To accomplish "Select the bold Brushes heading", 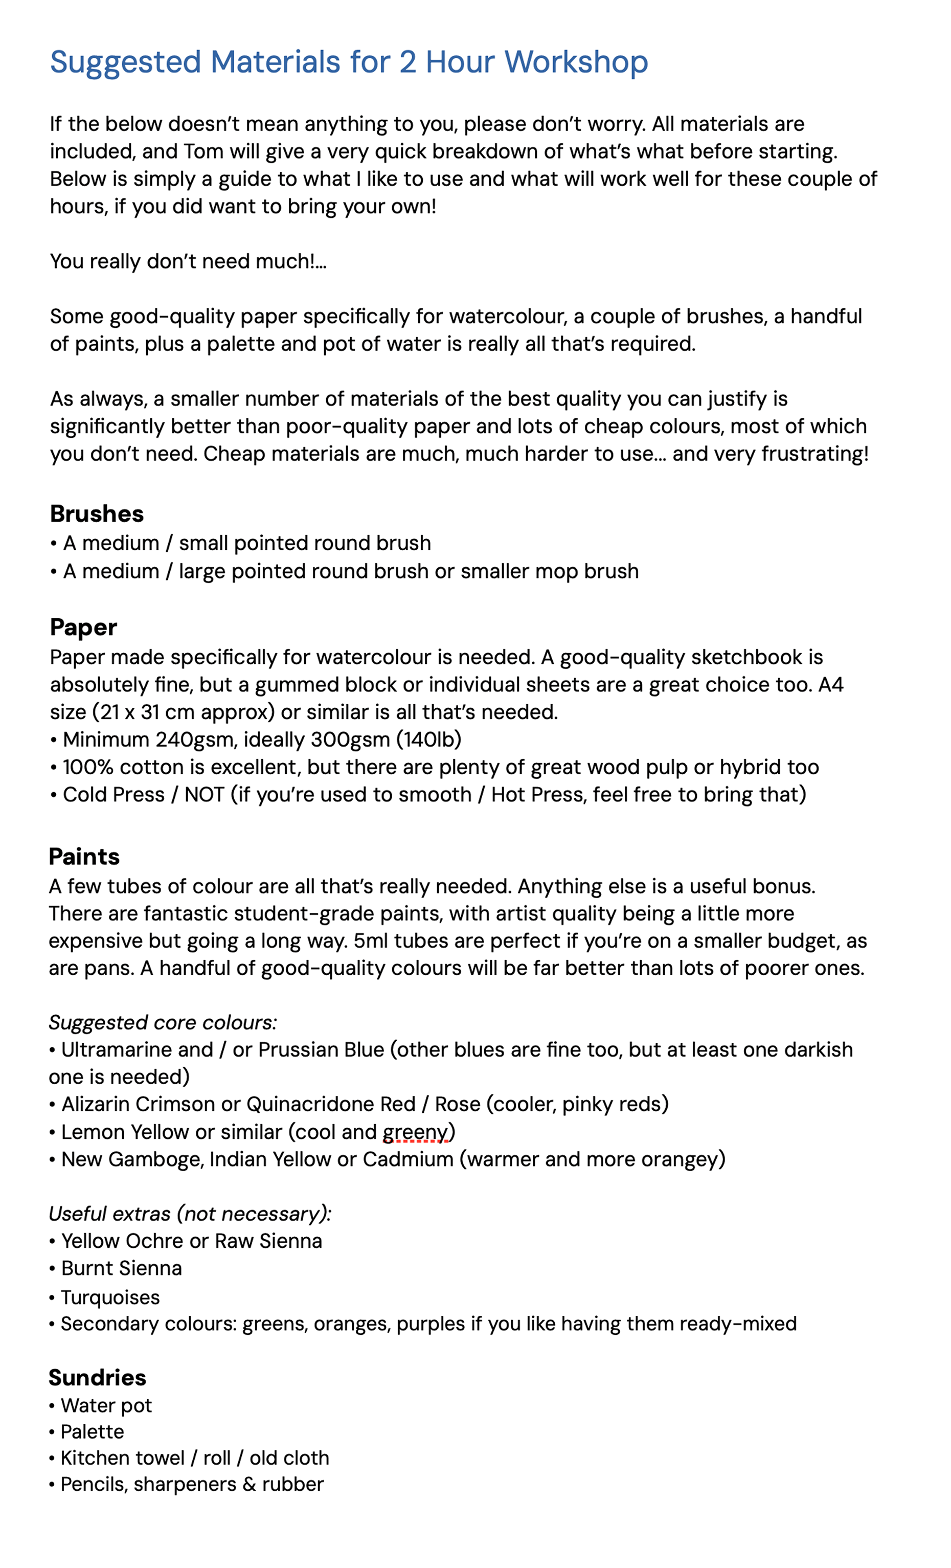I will pos(97,513).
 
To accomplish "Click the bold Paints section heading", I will pos(84,857).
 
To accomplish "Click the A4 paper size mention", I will pos(831,685).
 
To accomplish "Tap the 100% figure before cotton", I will pos(88,768).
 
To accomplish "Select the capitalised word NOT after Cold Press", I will pos(204,795).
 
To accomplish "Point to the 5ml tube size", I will pos(371,941).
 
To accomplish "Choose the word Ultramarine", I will pos(137,1050).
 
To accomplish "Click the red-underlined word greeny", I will pos(415,1132).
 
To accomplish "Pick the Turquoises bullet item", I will pos(110,1297).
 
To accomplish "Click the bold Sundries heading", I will pos(97,1378).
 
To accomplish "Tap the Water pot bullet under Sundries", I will pos(106,1406).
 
